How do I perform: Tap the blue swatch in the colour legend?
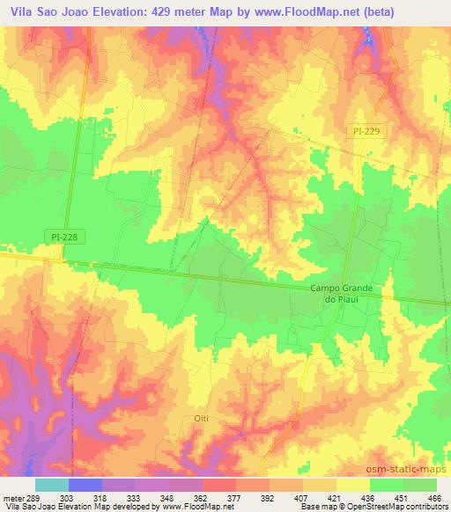tap(85, 485)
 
